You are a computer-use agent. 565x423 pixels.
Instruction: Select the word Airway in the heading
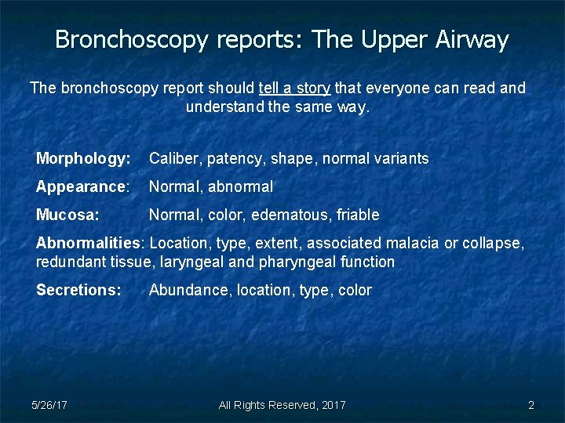click(x=474, y=40)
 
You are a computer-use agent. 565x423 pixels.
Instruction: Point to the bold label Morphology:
click(x=83, y=159)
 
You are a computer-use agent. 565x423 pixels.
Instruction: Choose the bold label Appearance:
click(x=82, y=187)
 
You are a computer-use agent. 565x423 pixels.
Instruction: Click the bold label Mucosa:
click(x=67, y=215)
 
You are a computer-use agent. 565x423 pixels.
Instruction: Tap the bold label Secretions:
click(x=78, y=290)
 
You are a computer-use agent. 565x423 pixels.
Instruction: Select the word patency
click(x=235, y=159)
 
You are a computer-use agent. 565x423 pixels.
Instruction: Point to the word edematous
click(x=293, y=215)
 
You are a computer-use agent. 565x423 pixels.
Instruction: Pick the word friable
click(x=358, y=215)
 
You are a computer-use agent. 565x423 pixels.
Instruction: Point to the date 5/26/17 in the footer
click(x=49, y=405)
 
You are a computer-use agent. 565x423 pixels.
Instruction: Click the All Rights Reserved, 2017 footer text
click(x=282, y=405)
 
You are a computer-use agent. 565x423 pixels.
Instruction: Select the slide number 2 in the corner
click(x=531, y=405)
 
